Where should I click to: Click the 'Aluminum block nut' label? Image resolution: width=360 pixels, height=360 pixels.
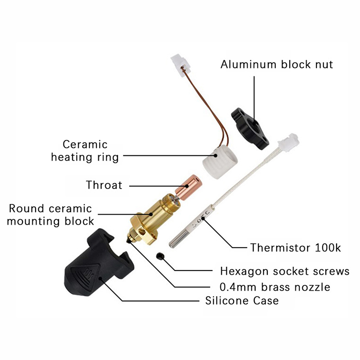pyautogui.click(x=277, y=64)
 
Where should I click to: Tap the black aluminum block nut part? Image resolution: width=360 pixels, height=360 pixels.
pyautogui.click(x=250, y=128)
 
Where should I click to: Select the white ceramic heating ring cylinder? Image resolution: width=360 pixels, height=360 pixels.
pyautogui.click(x=220, y=162)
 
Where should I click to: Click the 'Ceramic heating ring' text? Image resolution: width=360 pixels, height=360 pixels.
pyautogui.click(x=85, y=151)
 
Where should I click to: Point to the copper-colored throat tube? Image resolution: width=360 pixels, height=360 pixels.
pyautogui.click(x=189, y=187)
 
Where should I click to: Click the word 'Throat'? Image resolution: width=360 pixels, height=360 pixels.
pyautogui.click(x=104, y=185)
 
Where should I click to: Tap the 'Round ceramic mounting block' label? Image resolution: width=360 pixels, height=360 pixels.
pyautogui.click(x=50, y=215)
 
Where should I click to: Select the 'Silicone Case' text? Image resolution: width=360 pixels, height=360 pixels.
pyautogui.click(x=242, y=301)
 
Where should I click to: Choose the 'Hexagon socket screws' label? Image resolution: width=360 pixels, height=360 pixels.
pyautogui.click(x=285, y=271)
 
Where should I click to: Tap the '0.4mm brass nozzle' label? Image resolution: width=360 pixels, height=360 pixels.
pyautogui.click(x=275, y=287)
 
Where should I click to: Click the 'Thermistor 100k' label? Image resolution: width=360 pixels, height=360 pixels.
pyautogui.click(x=296, y=248)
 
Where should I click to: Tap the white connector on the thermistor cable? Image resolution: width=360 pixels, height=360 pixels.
pyautogui.click(x=289, y=141)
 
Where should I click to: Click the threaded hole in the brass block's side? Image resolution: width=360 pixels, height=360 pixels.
pyautogui.click(x=142, y=233)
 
